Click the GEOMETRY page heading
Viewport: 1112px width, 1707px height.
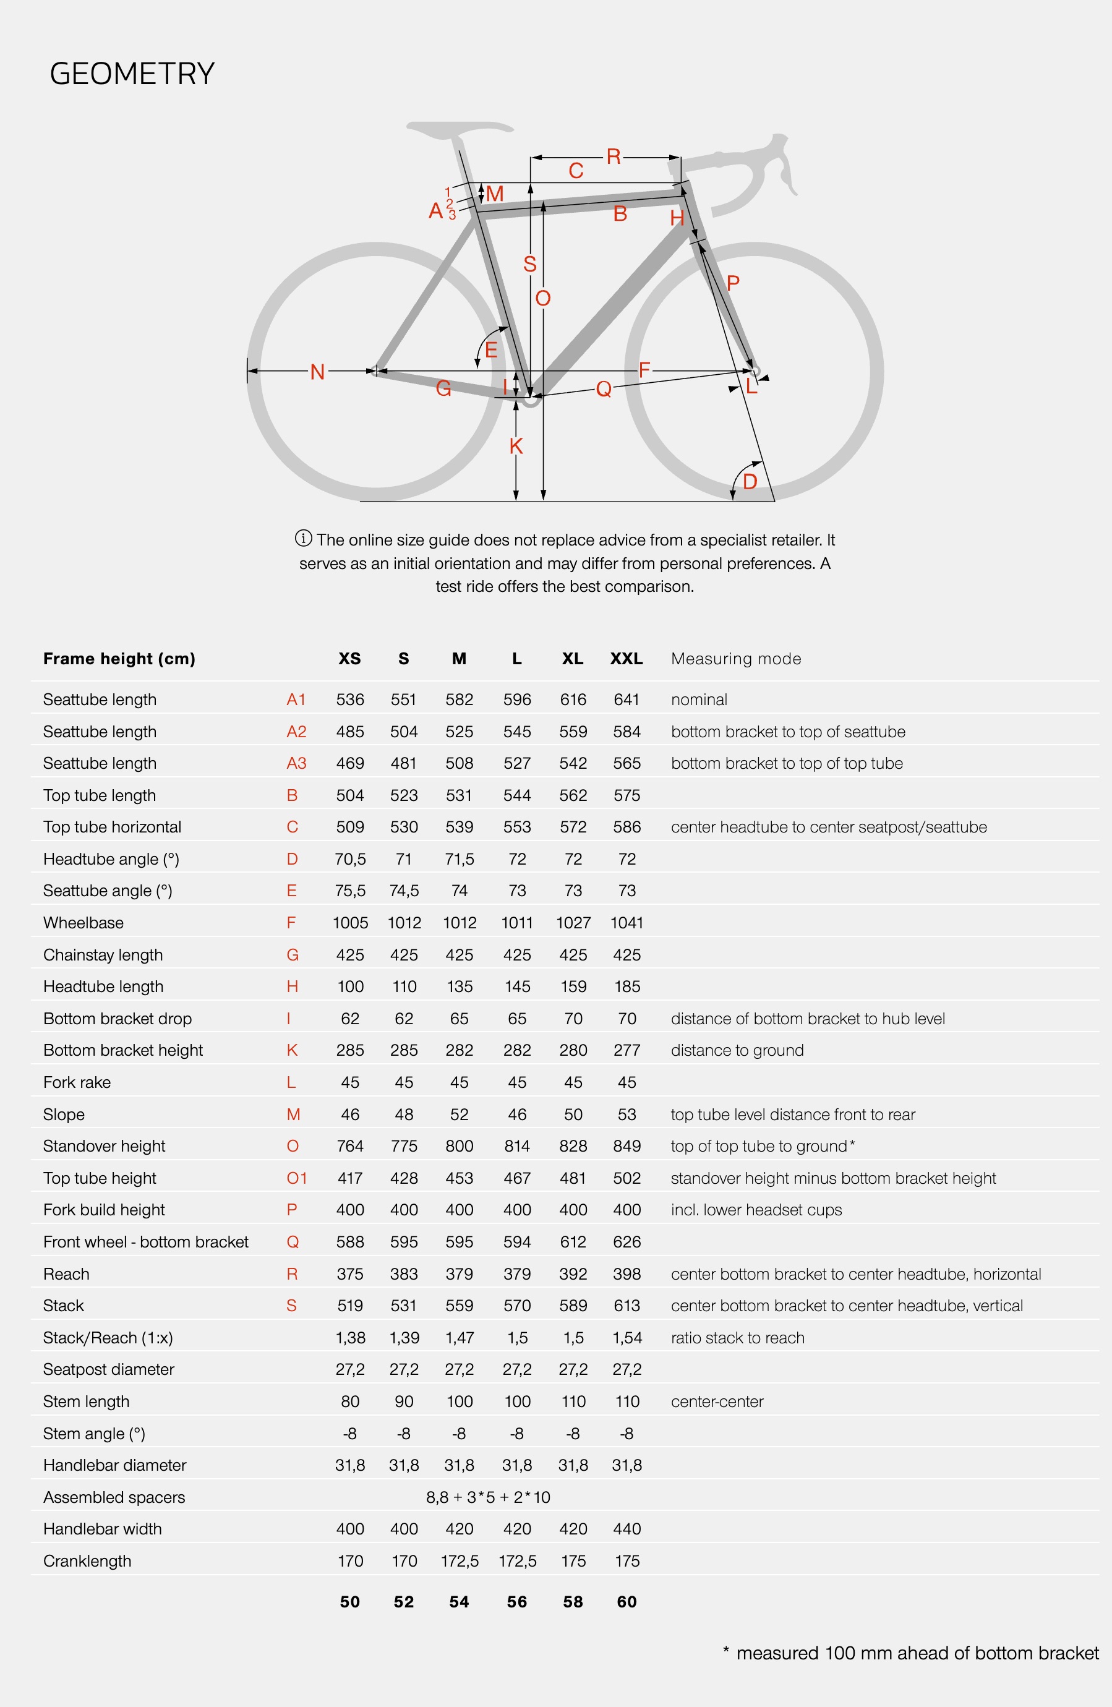tap(132, 74)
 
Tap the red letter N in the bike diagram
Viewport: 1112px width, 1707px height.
tap(317, 372)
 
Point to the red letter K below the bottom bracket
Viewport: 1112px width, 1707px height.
tap(516, 446)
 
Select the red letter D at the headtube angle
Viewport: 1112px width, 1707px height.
tap(750, 481)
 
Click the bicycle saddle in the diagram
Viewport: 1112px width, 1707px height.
tap(459, 129)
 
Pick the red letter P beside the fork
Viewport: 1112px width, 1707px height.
tap(732, 283)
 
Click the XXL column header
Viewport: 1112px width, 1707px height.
tap(627, 659)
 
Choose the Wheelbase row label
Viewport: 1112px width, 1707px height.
tap(83, 923)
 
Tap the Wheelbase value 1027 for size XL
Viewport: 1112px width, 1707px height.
tap(573, 923)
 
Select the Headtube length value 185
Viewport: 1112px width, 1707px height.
tap(627, 987)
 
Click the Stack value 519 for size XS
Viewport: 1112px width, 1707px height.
tap(350, 1306)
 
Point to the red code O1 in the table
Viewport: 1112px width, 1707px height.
tap(296, 1178)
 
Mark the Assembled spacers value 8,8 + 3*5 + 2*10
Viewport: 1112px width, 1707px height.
tap(488, 1497)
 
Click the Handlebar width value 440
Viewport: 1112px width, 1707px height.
tap(627, 1529)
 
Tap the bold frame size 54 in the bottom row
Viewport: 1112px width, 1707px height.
tap(459, 1602)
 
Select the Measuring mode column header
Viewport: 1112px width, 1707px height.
tap(736, 659)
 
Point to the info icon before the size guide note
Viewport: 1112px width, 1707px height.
tap(304, 538)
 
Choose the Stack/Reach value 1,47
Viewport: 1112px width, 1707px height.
tap(459, 1338)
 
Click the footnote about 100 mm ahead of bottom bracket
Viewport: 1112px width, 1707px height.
tap(911, 1653)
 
